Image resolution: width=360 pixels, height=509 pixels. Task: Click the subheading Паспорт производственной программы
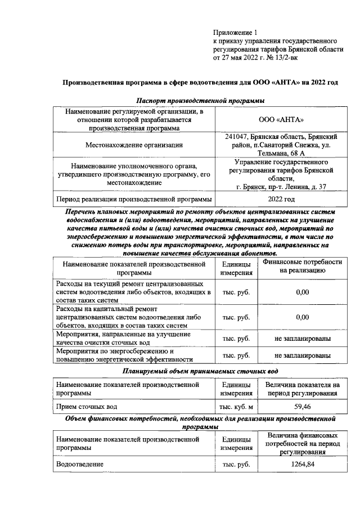tap(201, 100)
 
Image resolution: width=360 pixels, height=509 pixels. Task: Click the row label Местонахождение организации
tap(134, 145)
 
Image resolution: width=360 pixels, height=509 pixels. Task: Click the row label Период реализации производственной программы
tap(134, 199)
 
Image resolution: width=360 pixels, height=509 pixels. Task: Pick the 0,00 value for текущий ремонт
tap(303, 292)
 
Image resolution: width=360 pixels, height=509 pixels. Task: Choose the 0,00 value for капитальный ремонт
tap(303, 317)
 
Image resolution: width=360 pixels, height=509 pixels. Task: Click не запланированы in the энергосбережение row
tap(303, 355)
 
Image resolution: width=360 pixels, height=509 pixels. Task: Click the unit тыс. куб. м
tap(236, 406)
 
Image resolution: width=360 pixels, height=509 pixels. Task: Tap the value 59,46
tap(303, 406)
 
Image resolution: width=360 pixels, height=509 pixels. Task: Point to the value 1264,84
tap(303, 465)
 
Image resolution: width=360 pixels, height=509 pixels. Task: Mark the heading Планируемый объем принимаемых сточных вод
tap(201, 372)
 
